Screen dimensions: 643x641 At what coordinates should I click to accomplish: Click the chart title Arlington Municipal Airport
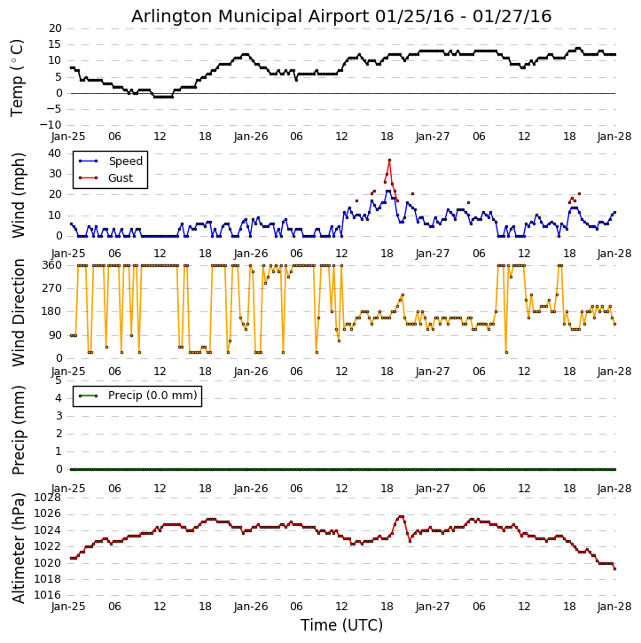click(x=341, y=16)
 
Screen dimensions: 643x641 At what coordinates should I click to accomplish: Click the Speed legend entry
click(x=125, y=161)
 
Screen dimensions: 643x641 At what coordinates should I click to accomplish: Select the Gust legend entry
click(x=122, y=178)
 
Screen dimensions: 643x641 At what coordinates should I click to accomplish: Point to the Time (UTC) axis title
click(x=341, y=625)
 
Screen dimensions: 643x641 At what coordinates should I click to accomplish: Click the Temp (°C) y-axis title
click(x=18, y=77)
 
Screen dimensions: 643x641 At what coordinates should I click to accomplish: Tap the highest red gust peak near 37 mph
click(x=389, y=160)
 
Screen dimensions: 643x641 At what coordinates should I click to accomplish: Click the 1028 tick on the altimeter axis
click(x=48, y=498)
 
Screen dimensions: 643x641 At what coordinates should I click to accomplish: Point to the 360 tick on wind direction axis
click(x=51, y=265)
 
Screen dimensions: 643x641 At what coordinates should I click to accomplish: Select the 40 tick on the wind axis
click(x=54, y=153)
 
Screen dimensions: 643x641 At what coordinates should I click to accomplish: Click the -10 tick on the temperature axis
click(x=50, y=125)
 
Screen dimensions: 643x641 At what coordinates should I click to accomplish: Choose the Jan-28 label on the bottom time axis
click(x=614, y=608)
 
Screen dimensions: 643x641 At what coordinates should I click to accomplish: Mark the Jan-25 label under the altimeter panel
click(x=68, y=608)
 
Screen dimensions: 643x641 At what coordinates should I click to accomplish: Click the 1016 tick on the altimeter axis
click(x=48, y=595)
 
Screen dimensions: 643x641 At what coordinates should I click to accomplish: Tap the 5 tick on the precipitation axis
click(x=58, y=380)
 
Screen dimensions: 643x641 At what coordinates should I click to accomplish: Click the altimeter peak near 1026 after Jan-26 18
click(x=401, y=516)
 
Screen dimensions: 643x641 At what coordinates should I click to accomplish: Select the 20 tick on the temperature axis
click(x=54, y=28)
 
